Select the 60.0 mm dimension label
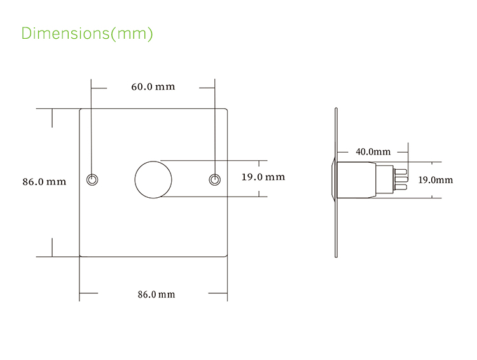[153, 87]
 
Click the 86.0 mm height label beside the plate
[45, 181]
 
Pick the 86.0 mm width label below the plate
[156, 294]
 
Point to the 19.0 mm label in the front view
[263, 177]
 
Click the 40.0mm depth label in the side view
[373, 151]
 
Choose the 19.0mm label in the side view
[435, 180]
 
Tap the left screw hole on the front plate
[92, 179]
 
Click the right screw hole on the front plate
[215, 179]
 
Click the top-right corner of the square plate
[226, 109]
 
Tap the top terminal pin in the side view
[402, 170]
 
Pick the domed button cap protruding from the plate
[332, 180]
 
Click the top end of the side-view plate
[335, 109]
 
